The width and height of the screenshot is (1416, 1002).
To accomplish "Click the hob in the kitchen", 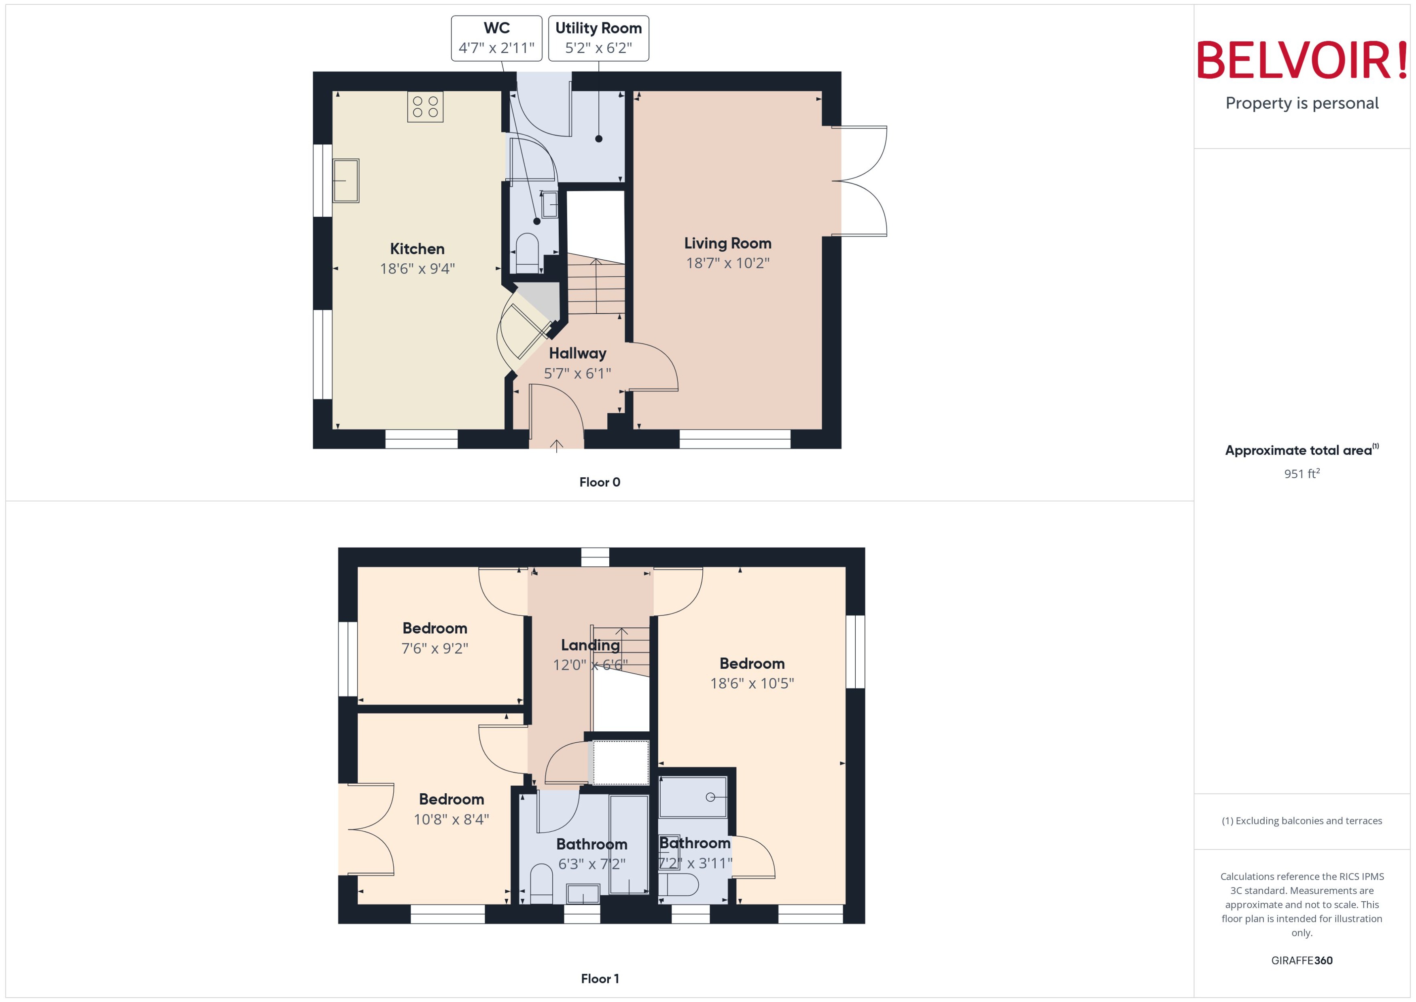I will [x=425, y=107].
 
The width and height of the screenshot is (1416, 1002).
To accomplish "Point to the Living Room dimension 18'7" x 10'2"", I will [x=727, y=263].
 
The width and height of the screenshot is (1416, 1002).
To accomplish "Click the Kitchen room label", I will [x=417, y=249].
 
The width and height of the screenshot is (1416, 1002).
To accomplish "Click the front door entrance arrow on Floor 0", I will [x=556, y=445].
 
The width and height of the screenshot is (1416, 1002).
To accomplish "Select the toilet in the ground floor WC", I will [x=526, y=252].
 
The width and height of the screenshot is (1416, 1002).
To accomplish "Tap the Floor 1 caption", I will [x=599, y=979].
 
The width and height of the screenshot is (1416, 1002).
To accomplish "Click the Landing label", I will [x=590, y=645].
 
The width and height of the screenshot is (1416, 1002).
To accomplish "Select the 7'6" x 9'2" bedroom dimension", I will [x=435, y=648].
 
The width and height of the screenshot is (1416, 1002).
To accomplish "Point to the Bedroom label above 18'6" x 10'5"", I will [x=752, y=664].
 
